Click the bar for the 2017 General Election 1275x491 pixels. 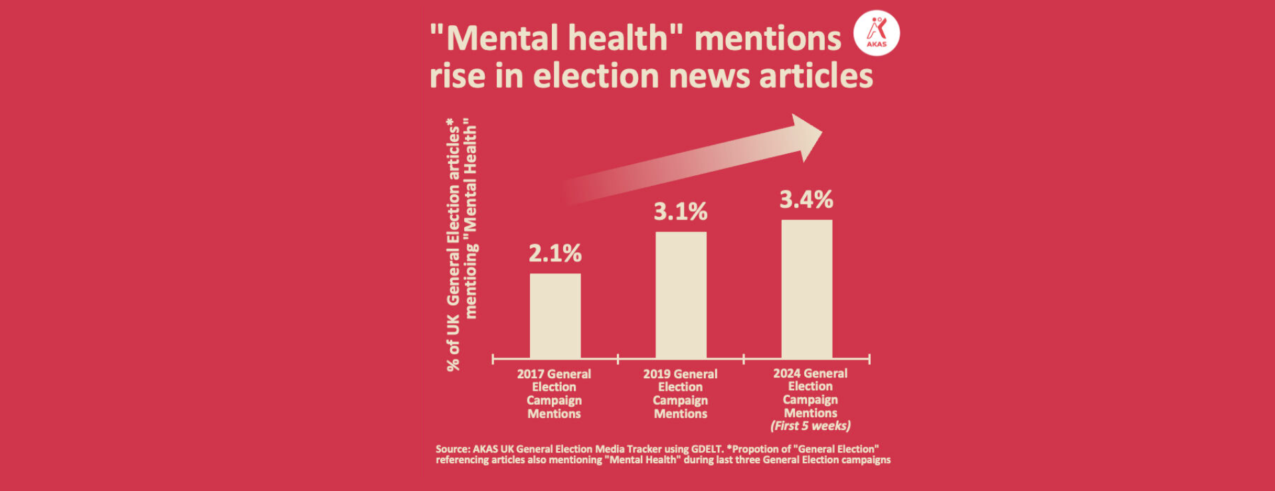555,316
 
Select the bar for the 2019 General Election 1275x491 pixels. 681,295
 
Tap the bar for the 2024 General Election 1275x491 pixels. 806,289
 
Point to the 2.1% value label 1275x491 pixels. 555,253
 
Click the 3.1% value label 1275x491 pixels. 681,212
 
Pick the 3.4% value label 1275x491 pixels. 806,200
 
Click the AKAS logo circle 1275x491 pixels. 877,33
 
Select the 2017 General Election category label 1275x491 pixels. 554,393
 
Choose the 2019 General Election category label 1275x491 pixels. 680,393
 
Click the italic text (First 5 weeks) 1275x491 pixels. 810,426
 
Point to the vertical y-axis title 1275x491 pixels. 462,244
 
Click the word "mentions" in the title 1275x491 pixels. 768,38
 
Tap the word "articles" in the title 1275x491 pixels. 816,76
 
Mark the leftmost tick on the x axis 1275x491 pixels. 493,359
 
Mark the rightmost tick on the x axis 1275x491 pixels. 869,359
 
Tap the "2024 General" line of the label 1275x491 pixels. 810,374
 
